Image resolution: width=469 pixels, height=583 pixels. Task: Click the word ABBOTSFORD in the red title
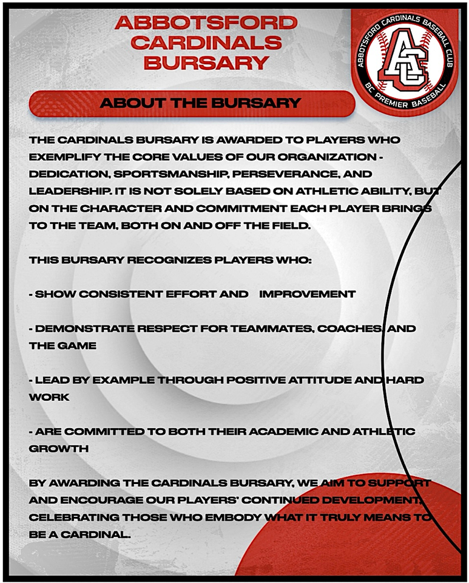[206, 23]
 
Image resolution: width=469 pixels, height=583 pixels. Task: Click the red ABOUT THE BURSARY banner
[192, 103]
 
